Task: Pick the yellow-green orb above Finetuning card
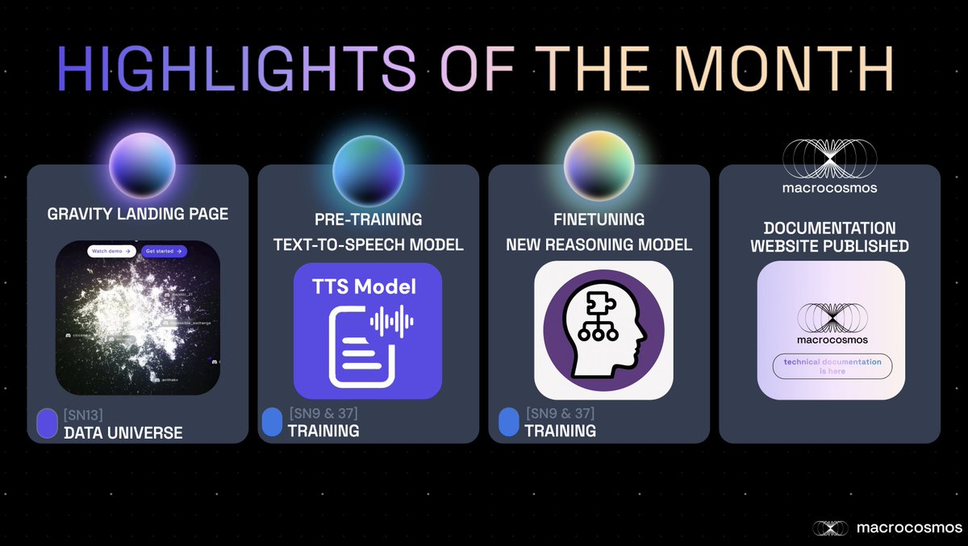coord(599,162)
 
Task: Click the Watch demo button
coord(111,251)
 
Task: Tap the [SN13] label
coord(84,415)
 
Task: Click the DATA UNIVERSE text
coord(123,433)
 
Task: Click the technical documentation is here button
coord(832,366)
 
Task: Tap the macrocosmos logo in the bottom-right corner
coord(887,527)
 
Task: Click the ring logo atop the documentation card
coord(829,160)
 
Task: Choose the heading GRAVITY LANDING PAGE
coord(137,215)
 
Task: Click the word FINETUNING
coord(599,220)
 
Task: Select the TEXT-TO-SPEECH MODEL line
coord(368,244)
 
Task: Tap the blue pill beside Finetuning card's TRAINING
coord(508,422)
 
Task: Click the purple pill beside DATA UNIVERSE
coord(48,423)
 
